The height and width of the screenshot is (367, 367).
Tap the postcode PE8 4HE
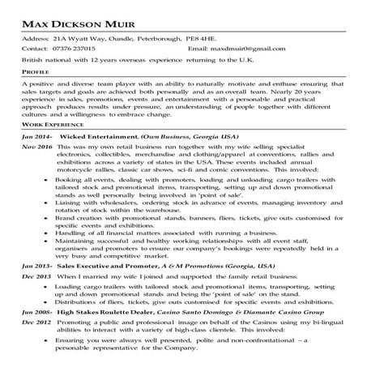tap(207, 38)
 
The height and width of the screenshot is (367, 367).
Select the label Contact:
tap(32, 49)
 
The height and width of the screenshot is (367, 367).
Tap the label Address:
tap(32, 38)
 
